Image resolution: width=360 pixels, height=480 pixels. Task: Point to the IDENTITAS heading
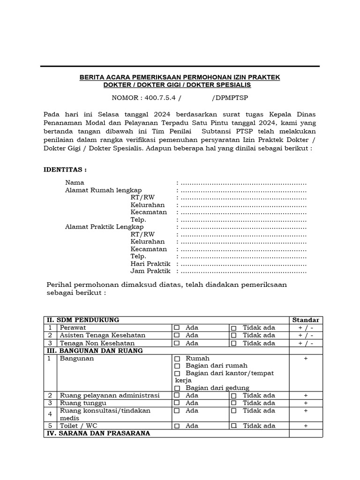[65, 169]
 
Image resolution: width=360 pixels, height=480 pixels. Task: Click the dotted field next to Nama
[243, 182]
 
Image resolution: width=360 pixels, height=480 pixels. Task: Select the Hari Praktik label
[150, 264]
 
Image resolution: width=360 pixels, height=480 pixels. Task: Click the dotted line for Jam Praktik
[243, 271]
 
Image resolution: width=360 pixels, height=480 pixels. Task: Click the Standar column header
[306, 320]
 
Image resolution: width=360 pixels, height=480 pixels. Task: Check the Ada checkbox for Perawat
[177, 328]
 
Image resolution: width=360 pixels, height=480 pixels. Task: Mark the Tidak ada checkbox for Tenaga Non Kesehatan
[234, 344]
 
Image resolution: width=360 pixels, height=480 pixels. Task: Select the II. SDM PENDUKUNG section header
[82, 320]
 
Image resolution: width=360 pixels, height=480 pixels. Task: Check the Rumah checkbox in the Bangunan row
[177, 359]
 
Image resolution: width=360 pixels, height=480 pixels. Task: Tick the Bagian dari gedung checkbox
[177, 388]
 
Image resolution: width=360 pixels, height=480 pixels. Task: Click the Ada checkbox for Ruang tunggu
[177, 403]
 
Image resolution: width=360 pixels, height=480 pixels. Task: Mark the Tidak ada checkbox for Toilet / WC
[234, 426]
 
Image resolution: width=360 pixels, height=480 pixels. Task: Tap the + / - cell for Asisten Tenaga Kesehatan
[306, 336]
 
